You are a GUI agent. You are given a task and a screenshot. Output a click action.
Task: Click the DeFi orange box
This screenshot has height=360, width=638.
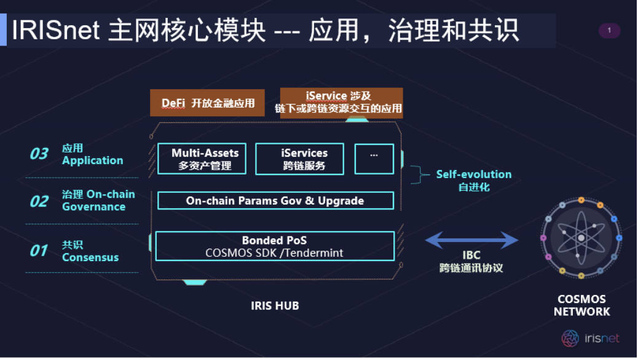tap(207, 103)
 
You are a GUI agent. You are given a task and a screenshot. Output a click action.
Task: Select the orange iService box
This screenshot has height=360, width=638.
tap(341, 103)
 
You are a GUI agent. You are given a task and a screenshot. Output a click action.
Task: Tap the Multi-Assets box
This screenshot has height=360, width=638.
tap(202, 158)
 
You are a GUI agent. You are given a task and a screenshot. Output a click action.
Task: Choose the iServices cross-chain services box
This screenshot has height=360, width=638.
tap(299, 158)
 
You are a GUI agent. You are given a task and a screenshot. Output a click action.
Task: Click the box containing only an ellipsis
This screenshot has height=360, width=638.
tap(374, 158)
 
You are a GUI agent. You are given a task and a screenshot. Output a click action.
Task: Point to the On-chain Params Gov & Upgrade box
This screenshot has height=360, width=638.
tap(275, 200)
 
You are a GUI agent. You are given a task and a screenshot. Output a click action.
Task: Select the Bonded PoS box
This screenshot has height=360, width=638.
tap(275, 246)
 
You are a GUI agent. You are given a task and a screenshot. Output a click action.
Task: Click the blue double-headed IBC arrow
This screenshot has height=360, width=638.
tap(471, 240)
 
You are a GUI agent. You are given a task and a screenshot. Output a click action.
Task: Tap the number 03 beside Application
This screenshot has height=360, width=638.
tap(39, 154)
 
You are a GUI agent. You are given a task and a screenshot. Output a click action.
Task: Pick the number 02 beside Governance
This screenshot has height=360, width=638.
tap(39, 202)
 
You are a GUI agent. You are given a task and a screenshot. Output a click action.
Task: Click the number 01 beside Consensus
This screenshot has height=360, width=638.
tap(39, 251)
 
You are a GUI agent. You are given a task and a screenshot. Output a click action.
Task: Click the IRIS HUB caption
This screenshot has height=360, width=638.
tap(275, 305)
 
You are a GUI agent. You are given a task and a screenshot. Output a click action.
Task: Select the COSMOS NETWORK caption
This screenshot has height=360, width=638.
tap(581, 305)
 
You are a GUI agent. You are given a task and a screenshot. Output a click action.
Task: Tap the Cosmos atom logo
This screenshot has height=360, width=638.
tap(581, 238)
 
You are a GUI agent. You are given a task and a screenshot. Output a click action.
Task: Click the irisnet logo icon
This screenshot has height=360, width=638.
tap(570, 338)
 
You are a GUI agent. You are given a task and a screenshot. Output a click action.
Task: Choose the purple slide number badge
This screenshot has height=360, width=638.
tap(609, 31)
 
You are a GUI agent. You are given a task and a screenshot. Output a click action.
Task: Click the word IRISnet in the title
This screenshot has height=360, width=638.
tap(56, 30)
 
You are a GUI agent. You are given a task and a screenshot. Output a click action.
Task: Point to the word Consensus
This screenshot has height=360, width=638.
tap(90, 257)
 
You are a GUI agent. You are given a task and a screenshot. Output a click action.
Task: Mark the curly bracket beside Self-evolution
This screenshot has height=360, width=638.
tap(419, 175)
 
